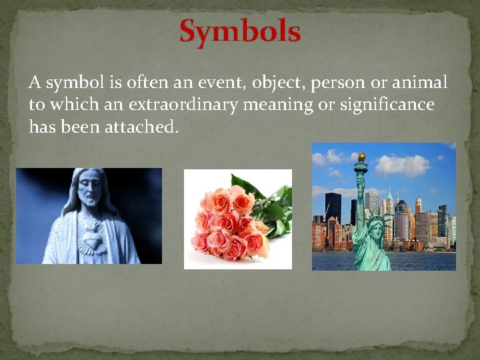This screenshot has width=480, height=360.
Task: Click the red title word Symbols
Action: (x=240, y=31)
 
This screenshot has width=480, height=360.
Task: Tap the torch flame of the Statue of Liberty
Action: (x=361, y=157)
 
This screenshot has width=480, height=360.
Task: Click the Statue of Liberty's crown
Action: (x=377, y=218)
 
